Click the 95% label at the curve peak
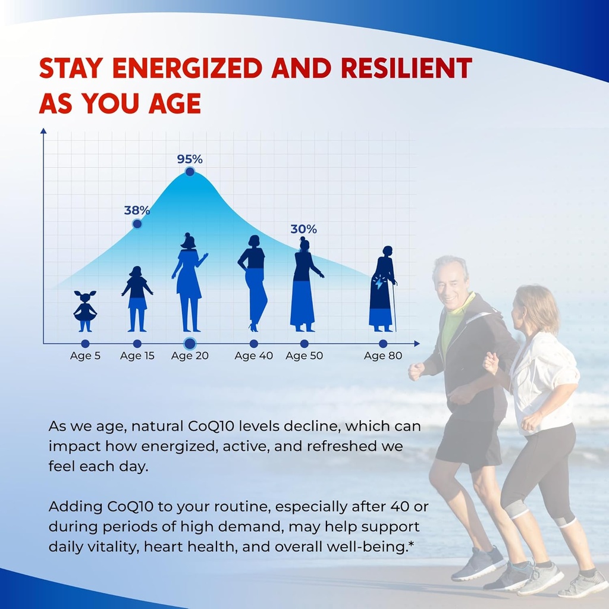click(x=190, y=159)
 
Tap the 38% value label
click(x=137, y=211)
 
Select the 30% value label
click(x=304, y=230)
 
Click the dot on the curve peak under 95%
click(x=190, y=172)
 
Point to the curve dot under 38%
click(x=137, y=224)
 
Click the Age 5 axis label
click(x=86, y=356)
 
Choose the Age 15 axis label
click(x=137, y=356)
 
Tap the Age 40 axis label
click(x=253, y=356)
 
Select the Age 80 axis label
click(x=383, y=356)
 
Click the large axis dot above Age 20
click(x=190, y=344)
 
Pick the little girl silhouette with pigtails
click(x=85, y=311)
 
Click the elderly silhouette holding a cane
click(x=383, y=289)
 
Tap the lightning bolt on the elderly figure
click(x=379, y=283)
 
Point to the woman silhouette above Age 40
click(x=252, y=284)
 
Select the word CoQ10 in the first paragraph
click(x=211, y=426)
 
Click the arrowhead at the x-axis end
click(x=417, y=344)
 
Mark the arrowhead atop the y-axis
click(x=43, y=131)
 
